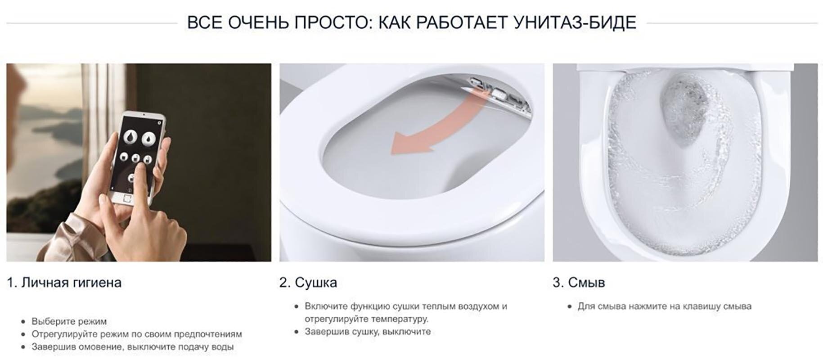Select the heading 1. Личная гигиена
pyautogui.click(x=65, y=283)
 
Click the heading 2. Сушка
pyautogui.click(x=308, y=283)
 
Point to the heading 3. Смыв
pyautogui.click(x=579, y=283)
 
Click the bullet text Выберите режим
pyautogui.click(x=69, y=321)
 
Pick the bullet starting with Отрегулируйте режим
pyautogui.click(x=136, y=334)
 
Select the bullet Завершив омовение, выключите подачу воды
pyautogui.click(x=132, y=347)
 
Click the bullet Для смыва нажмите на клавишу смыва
pyautogui.click(x=664, y=306)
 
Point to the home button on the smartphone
pyautogui.click(x=128, y=198)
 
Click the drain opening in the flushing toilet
pyautogui.click(x=684, y=108)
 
